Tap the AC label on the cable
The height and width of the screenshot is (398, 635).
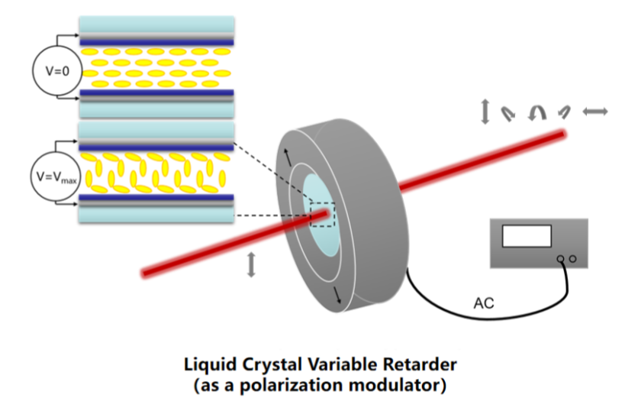(484, 303)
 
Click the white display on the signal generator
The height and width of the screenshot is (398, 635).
(526, 236)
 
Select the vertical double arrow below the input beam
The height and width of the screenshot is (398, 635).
(252, 265)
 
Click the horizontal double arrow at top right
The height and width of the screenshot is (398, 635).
(595, 112)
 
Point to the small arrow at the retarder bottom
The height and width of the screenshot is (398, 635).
(336, 295)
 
